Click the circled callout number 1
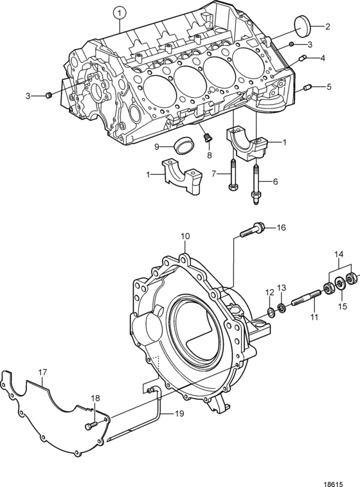[120, 13]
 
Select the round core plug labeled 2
[301, 26]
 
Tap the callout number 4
[322, 58]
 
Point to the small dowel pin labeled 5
[309, 88]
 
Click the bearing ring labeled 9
[184, 145]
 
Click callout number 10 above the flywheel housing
[185, 236]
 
